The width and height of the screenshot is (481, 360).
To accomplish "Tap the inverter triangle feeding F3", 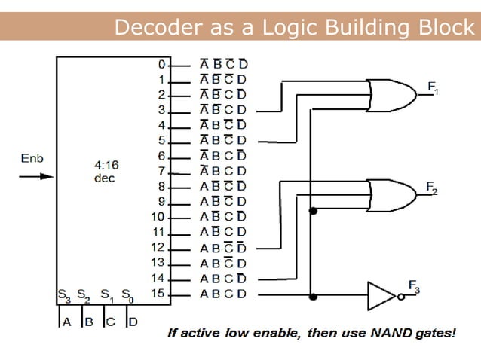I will pyautogui.click(x=381, y=294).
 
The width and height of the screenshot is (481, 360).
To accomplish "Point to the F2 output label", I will pyautogui.click(x=431, y=187).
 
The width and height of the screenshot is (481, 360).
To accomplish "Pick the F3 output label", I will pyautogui.click(x=415, y=285).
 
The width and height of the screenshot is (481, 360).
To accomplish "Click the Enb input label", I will pyautogui.click(x=31, y=160).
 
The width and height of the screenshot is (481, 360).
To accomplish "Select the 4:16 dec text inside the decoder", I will pyautogui.click(x=106, y=170).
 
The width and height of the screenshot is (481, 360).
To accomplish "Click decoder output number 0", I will pyautogui.click(x=161, y=64).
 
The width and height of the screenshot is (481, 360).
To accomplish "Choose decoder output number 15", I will pyautogui.click(x=158, y=293).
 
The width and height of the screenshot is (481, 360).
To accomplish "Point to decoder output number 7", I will pyautogui.click(x=161, y=171).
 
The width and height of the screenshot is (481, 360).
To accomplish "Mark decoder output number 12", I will pyautogui.click(x=158, y=247).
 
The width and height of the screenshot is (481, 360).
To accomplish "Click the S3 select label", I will pyautogui.click(x=65, y=294).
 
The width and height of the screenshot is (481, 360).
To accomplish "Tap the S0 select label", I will pyautogui.click(x=128, y=294).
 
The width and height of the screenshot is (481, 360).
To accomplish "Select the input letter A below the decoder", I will pyautogui.click(x=67, y=322).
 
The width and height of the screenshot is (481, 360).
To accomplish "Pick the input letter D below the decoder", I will pyautogui.click(x=132, y=322).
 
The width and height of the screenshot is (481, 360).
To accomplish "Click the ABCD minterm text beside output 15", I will pyautogui.click(x=223, y=294).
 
